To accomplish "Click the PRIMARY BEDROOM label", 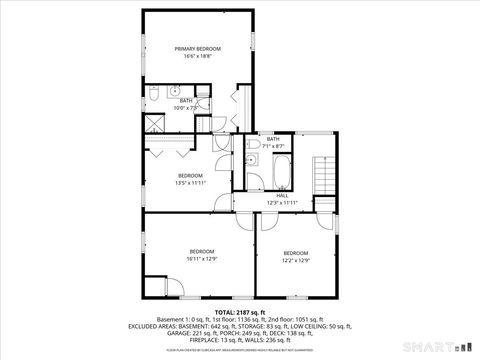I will [197, 49].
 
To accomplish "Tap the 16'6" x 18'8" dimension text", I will [197, 57].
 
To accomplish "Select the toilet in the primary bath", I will [155, 93].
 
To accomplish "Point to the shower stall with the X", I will [155, 124].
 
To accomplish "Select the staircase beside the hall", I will [322, 178].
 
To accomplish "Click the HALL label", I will [283, 195].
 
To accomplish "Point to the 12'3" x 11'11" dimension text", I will [283, 203].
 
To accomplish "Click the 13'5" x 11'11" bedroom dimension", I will [191, 183].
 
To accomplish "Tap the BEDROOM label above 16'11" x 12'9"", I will [202, 250].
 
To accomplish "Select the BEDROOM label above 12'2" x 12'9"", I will [295, 253].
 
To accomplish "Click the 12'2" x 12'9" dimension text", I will [295, 261].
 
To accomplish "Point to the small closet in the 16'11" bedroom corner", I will [167, 287].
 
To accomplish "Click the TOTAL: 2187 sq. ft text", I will [239, 312].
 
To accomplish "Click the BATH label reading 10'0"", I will [186, 100].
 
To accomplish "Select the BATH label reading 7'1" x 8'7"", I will [273, 138].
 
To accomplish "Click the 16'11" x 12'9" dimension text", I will [202, 258].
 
